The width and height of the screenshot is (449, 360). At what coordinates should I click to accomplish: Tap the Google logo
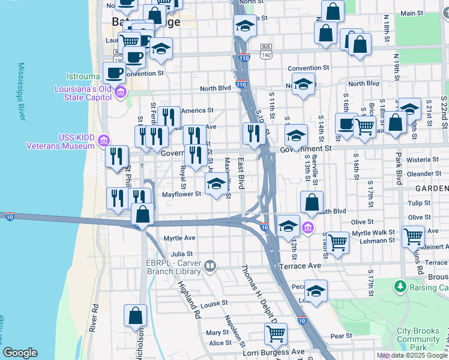coord(20,353)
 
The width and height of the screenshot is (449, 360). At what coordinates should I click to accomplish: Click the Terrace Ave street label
coord(300,265)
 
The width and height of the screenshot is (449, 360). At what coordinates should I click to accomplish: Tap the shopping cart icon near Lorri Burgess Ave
coord(276,334)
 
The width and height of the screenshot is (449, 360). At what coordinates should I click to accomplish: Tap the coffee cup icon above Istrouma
coord(113,73)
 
